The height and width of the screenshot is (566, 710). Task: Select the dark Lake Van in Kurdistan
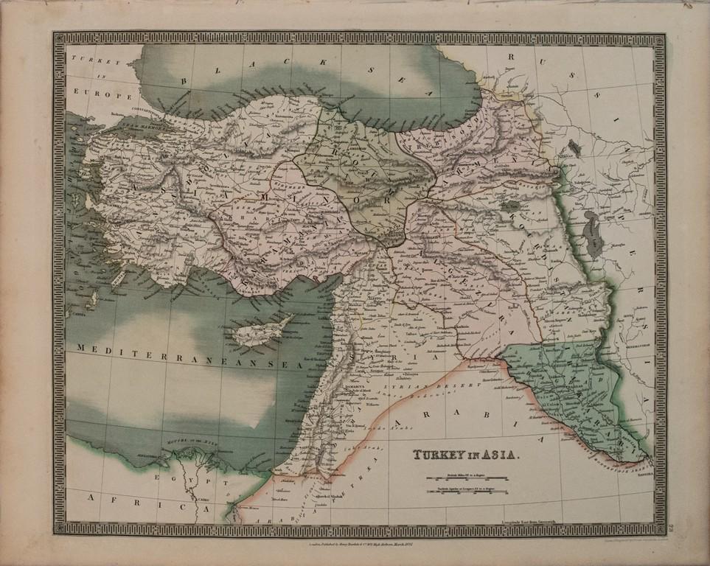pos(509,209)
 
